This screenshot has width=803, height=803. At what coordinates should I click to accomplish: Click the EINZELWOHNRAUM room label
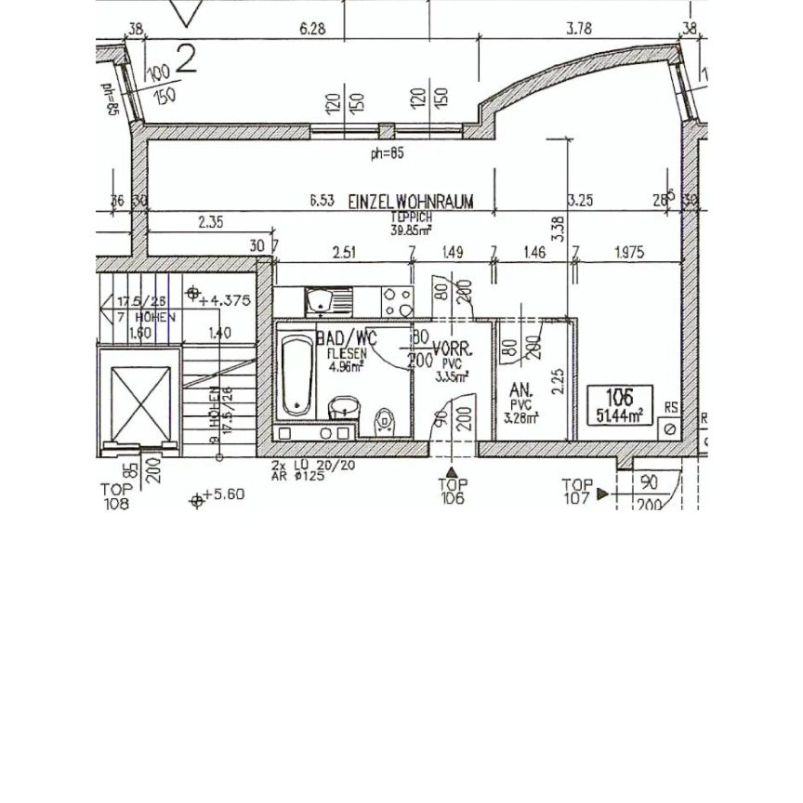pos(411,201)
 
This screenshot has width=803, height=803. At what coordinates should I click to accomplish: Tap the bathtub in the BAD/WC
pos(297,375)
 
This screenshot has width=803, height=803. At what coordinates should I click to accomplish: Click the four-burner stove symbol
pos(399,299)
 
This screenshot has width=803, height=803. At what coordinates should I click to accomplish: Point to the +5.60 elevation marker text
pos(223,494)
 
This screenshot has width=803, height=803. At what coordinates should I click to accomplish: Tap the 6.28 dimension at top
pos(312,29)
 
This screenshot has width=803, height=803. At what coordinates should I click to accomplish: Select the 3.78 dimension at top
pos(579,29)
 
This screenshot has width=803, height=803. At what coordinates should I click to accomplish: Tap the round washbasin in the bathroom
pos(343,406)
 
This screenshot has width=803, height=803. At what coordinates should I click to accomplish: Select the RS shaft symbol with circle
pos(666,428)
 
